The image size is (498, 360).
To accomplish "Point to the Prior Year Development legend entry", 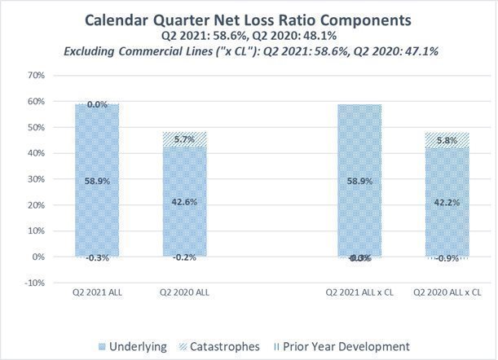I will (347, 346).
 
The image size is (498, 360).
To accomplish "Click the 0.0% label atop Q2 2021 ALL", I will (97, 104).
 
